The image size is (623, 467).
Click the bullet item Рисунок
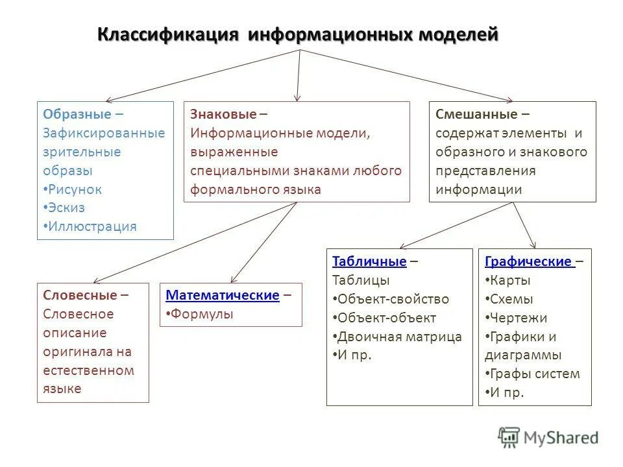(x=75, y=189)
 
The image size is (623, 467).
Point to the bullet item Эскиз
(x=66, y=208)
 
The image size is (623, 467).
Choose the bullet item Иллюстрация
(x=92, y=227)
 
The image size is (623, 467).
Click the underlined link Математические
(x=223, y=295)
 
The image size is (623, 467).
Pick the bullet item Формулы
(x=202, y=314)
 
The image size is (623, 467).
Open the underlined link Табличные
(x=369, y=261)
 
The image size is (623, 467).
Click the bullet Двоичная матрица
(x=399, y=337)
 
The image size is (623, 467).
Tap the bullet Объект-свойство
(x=393, y=299)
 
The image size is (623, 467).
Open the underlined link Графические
(x=528, y=261)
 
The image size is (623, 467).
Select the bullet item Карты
(x=510, y=280)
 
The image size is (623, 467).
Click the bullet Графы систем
(x=535, y=374)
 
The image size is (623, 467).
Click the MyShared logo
(x=548, y=437)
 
